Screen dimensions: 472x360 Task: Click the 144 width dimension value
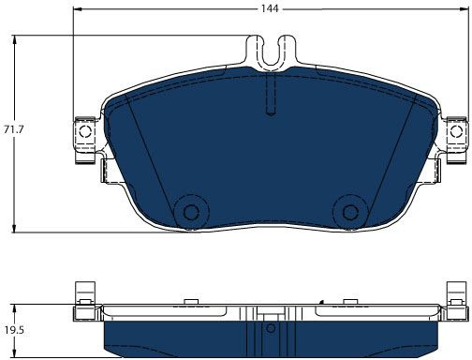(270, 8)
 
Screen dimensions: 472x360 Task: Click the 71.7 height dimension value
(13, 129)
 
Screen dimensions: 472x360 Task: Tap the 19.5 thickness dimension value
(14, 330)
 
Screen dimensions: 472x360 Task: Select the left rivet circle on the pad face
(191, 213)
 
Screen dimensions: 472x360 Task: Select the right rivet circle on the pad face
(350, 213)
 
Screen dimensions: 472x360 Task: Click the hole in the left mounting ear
(85, 131)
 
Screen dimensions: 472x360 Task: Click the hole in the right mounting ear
(456, 131)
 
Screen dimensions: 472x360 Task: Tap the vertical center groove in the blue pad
(271, 93)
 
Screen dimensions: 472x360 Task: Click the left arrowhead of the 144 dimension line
(77, 9)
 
